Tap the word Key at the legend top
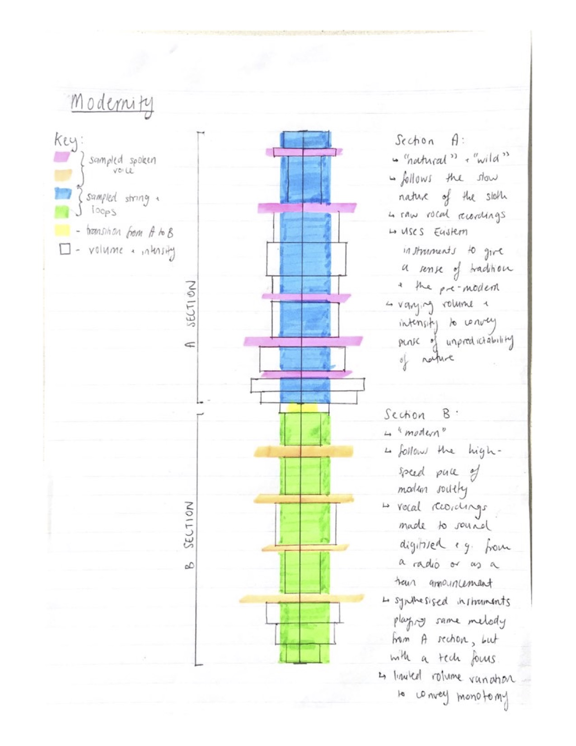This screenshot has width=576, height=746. pyautogui.click(x=66, y=141)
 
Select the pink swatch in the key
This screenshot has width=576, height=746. pyautogui.click(x=61, y=157)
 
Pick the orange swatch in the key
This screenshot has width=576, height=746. pyautogui.click(x=63, y=175)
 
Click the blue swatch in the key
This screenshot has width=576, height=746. pyautogui.click(x=63, y=194)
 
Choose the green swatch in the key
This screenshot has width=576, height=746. pyautogui.click(x=62, y=212)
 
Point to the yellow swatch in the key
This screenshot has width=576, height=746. pyautogui.click(x=62, y=230)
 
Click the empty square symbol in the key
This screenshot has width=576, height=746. pyautogui.click(x=65, y=249)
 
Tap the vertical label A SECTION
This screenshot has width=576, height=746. pyautogui.click(x=191, y=314)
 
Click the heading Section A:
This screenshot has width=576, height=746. pyautogui.click(x=429, y=141)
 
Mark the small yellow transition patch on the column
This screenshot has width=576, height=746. pyautogui.click(x=304, y=408)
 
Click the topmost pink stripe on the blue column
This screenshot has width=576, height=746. pyautogui.click(x=304, y=152)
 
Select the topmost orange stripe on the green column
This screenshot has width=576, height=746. pyautogui.click(x=304, y=451)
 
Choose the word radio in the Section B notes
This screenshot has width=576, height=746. pyautogui.click(x=426, y=564)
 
